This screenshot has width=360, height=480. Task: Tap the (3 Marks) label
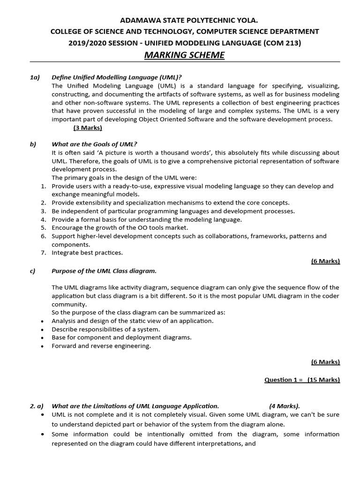(x=88, y=127)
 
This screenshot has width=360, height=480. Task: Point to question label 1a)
(x=35, y=77)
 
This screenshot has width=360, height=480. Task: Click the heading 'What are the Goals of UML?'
(x=94, y=144)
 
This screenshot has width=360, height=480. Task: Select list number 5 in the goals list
(x=43, y=228)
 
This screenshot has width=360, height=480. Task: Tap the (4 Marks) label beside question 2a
(x=285, y=406)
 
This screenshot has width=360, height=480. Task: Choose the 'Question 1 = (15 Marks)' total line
(x=302, y=380)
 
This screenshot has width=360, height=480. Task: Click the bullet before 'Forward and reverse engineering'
(x=43, y=346)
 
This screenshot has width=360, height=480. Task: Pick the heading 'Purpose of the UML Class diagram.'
(x=104, y=271)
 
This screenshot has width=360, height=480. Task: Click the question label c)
(x=33, y=271)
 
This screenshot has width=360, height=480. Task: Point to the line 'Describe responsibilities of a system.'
(x=105, y=329)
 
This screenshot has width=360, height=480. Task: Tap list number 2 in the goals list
(x=43, y=202)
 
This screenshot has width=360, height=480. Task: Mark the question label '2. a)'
(x=36, y=406)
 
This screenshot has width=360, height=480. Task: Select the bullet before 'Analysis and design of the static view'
(x=43, y=321)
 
